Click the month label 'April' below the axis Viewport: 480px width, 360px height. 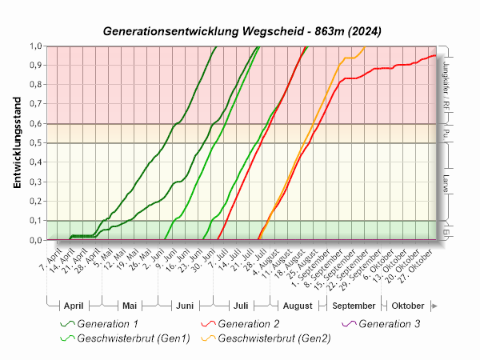pos(73,306)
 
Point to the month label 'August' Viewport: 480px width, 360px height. pos(297,306)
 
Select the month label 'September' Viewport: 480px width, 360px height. pos(354,306)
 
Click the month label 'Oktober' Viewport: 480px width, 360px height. pos(407,306)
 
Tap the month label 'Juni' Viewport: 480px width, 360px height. pos(184,306)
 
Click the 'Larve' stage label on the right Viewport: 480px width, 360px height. pos(446,182)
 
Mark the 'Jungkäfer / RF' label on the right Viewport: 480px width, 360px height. pos(446,84)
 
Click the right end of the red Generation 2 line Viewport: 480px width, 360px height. pos(435,55)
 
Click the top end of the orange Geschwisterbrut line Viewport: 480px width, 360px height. pos(365,47)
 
